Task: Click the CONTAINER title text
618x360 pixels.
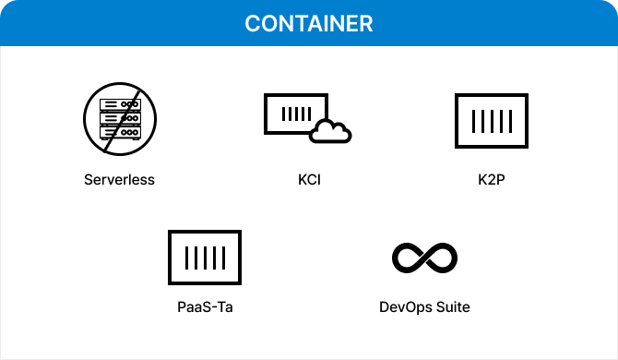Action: point(308,23)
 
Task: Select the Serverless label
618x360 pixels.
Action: point(119,179)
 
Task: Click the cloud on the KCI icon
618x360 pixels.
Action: point(330,132)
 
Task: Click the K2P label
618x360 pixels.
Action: point(491,179)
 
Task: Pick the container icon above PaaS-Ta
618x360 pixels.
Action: point(205,257)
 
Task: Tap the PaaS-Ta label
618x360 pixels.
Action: point(205,306)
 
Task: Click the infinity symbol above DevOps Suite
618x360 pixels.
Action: point(424,258)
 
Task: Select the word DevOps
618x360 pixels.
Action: point(403,306)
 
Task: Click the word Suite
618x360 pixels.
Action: point(451,306)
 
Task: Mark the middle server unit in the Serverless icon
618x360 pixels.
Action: point(119,118)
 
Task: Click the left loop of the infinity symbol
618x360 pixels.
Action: point(408,258)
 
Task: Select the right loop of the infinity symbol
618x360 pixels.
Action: point(441,258)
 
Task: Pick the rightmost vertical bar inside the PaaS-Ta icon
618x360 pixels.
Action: point(221,257)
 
